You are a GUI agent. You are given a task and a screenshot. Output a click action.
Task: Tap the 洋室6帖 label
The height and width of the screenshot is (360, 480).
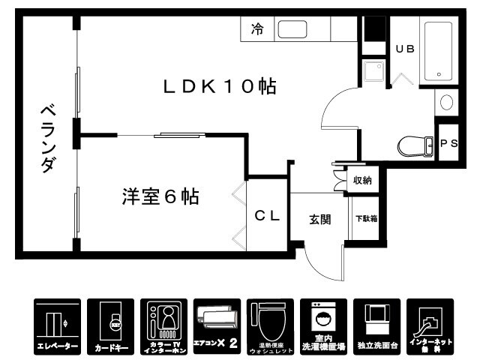(160, 197)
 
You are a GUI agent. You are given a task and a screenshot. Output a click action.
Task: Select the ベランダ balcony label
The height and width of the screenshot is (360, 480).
(46, 139)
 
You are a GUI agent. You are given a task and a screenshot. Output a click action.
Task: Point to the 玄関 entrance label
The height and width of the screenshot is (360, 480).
(319, 219)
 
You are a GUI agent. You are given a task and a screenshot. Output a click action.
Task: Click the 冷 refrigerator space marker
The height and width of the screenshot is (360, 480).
(257, 30)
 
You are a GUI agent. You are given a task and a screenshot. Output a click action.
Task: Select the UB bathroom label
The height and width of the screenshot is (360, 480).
(405, 48)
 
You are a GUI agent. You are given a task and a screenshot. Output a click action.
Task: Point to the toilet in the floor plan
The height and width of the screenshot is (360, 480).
(414, 144)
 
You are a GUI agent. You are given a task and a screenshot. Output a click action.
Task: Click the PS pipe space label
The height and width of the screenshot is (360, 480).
(448, 144)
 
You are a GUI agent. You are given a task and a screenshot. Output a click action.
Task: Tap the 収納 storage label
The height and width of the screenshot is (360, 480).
(363, 180)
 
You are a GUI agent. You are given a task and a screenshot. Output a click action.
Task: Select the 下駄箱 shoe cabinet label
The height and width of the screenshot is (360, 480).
(365, 219)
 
